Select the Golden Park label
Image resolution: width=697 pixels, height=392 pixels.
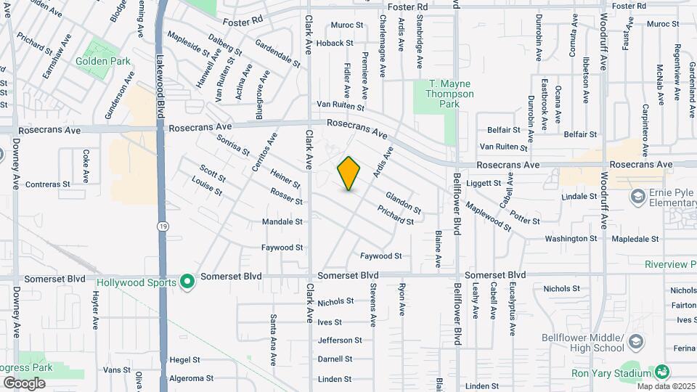(x=103, y=62)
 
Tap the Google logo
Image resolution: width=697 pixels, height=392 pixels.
(x=24, y=383)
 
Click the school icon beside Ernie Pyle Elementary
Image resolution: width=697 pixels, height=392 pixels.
(x=637, y=197)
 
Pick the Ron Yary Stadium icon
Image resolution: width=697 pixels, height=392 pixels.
(x=661, y=372)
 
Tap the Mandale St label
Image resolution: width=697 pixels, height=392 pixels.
(x=282, y=221)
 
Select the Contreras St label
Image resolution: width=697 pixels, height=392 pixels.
(x=48, y=184)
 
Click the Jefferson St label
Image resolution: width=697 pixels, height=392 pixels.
(x=340, y=340)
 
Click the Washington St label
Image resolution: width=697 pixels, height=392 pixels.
(x=566, y=238)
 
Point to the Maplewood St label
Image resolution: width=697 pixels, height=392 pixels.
(x=489, y=217)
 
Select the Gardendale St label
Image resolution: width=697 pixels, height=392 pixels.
(x=278, y=55)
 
